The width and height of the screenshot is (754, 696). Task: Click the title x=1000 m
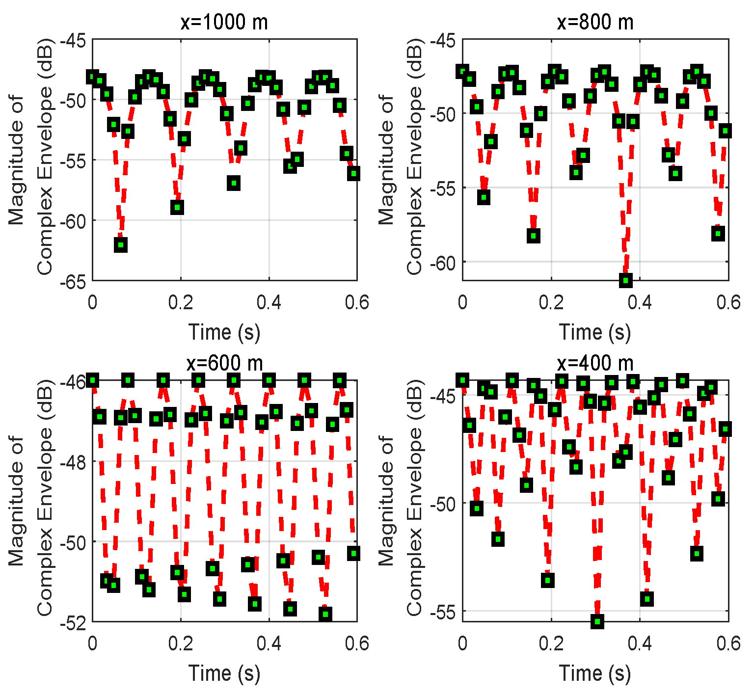pyautogui.click(x=224, y=22)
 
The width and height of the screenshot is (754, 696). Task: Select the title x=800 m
pyautogui.click(x=595, y=22)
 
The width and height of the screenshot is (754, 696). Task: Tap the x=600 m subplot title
pyautogui.click(x=224, y=364)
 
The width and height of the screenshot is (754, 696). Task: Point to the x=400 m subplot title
pyautogui.click(x=595, y=364)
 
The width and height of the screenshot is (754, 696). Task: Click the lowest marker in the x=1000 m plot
pyautogui.click(x=121, y=244)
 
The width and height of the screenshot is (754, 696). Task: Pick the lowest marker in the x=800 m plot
pyautogui.click(x=625, y=280)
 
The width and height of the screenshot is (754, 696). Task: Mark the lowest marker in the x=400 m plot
pyautogui.click(x=597, y=621)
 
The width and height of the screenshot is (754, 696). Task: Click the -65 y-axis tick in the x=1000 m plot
pyautogui.click(x=73, y=281)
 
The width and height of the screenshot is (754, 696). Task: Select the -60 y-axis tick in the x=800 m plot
pyautogui.click(x=443, y=262)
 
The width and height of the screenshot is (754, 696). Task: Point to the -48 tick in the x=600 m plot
pyautogui.click(x=73, y=461)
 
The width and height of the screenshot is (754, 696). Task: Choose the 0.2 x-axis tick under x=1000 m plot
pyautogui.click(x=181, y=302)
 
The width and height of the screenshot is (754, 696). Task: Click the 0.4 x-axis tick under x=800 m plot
pyautogui.click(x=640, y=302)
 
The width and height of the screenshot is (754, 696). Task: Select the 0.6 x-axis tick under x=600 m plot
pyautogui.click(x=357, y=643)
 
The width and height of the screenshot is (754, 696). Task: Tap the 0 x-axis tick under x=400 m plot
pyautogui.click(x=462, y=643)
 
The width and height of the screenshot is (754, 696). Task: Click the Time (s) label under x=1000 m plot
pyautogui.click(x=224, y=332)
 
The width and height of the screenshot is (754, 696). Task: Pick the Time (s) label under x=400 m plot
pyautogui.click(x=595, y=673)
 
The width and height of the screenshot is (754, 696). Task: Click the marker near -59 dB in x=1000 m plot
pyautogui.click(x=177, y=207)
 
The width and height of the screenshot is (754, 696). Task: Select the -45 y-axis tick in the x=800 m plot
pyautogui.click(x=443, y=40)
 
